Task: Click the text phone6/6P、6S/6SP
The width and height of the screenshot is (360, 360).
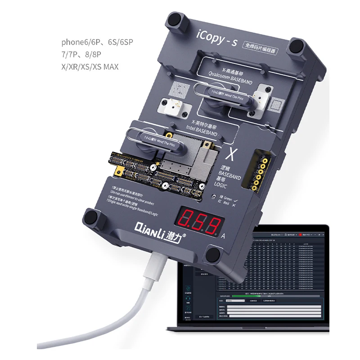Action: [97, 42]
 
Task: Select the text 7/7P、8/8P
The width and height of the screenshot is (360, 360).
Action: [84, 55]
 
